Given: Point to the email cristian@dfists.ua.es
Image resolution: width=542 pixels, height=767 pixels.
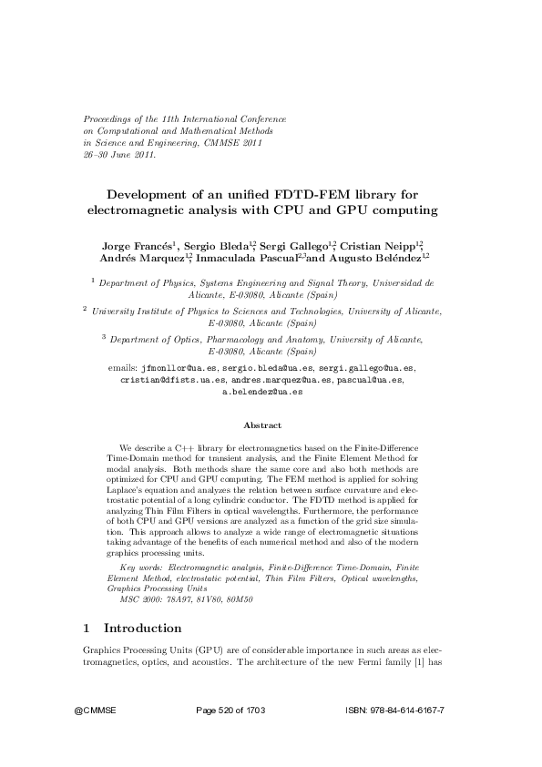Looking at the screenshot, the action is pyautogui.click(x=173, y=380).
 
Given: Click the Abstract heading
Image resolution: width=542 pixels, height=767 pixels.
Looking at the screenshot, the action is pyautogui.click(x=262, y=425).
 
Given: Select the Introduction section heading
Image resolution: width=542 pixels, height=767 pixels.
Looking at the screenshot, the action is pyautogui.click(x=142, y=628).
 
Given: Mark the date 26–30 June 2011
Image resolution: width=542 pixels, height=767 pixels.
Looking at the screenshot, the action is pyautogui.click(x=119, y=155).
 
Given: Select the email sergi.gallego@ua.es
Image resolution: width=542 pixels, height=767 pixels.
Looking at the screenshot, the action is pyautogui.click(x=363, y=368).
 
